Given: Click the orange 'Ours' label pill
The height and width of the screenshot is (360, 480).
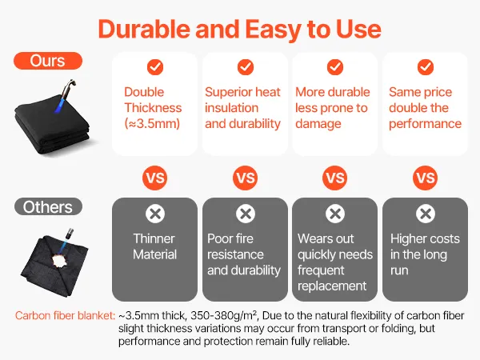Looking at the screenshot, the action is click(x=48, y=61).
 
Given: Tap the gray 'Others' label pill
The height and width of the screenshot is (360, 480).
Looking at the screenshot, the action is click(x=48, y=207).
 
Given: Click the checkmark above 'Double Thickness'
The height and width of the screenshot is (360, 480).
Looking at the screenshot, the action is click(x=155, y=67).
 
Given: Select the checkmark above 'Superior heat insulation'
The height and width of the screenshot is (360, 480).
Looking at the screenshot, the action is click(x=246, y=67).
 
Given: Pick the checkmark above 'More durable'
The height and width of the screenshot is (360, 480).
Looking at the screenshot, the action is click(x=335, y=67).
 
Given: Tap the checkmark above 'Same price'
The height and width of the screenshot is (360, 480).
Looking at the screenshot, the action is click(x=426, y=67).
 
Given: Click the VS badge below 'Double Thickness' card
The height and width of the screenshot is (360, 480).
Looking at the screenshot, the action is click(x=155, y=178).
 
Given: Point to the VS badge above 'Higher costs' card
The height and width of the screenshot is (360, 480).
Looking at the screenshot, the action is click(x=426, y=178).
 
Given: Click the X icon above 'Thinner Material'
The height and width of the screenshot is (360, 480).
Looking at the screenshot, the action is click(x=155, y=214).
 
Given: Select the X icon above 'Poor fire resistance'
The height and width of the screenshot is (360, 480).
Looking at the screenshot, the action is click(x=246, y=214).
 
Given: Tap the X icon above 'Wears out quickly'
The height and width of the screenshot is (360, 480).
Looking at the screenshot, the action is click(x=335, y=214).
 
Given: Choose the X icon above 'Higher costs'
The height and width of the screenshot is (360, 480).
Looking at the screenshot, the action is click(x=426, y=214).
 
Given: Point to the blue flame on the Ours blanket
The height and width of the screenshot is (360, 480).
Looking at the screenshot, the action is click(x=59, y=103).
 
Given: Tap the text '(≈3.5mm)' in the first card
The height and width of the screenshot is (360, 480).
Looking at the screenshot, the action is click(x=152, y=124).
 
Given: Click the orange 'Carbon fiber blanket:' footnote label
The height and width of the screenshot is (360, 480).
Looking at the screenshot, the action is click(x=66, y=316).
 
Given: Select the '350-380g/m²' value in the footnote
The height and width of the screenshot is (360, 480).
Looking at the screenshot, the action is click(x=223, y=316).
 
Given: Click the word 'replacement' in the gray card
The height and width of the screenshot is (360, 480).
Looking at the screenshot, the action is click(x=332, y=286).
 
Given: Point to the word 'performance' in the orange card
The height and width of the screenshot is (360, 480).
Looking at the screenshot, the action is click(x=426, y=124).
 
